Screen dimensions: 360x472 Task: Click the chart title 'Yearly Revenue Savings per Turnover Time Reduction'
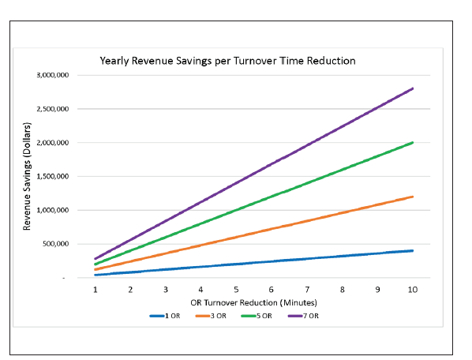[x=227, y=61]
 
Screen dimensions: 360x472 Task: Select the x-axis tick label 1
[x=96, y=290]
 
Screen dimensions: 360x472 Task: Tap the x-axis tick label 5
[x=236, y=290]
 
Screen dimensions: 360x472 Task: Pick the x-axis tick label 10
[x=412, y=290]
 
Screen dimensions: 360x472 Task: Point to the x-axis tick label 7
[x=306, y=290]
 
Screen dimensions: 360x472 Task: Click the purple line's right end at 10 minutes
[x=412, y=88]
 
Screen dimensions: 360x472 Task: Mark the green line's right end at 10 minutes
[x=412, y=143]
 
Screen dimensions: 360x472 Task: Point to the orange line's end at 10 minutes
[x=412, y=197]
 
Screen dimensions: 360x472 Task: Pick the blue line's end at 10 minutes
[x=412, y=250]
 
